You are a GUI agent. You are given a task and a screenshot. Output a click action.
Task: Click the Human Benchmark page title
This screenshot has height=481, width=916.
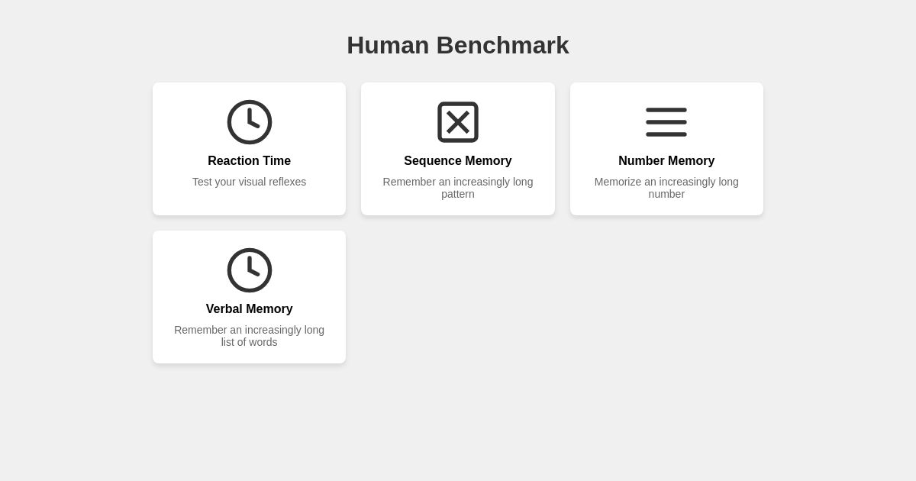458,45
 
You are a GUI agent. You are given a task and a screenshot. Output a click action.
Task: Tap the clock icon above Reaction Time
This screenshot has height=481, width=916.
250,122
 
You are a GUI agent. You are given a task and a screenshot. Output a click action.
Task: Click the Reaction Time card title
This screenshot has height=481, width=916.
249,161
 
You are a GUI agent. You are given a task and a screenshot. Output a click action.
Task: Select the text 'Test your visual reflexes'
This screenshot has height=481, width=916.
249,182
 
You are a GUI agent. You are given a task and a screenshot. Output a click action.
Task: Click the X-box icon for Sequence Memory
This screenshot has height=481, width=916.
458,122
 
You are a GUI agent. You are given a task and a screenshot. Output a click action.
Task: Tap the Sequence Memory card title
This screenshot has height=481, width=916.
458,161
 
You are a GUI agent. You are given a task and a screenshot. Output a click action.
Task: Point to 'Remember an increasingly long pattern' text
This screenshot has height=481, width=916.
458,188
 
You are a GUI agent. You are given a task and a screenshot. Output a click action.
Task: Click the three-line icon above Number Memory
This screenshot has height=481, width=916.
666,122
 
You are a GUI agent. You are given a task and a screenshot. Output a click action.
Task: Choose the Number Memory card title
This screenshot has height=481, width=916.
666,161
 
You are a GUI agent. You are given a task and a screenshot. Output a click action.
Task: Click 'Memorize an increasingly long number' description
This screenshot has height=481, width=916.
666,188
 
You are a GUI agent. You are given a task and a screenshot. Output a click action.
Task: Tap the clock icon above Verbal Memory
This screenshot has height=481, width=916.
250,270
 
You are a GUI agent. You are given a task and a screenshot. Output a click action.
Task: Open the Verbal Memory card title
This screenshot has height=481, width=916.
249,309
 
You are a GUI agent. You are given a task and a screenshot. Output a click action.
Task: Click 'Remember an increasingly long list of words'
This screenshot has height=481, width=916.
249,336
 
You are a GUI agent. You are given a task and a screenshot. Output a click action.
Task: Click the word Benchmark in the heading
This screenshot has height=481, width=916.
502,45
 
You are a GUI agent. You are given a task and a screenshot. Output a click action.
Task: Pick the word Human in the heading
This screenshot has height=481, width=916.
388,45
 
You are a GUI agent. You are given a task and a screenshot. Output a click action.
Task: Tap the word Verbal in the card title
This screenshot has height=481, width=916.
225,309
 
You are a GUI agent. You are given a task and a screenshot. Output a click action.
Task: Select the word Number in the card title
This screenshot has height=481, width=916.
642,161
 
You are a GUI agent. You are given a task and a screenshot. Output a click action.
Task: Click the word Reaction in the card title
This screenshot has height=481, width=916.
234,161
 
